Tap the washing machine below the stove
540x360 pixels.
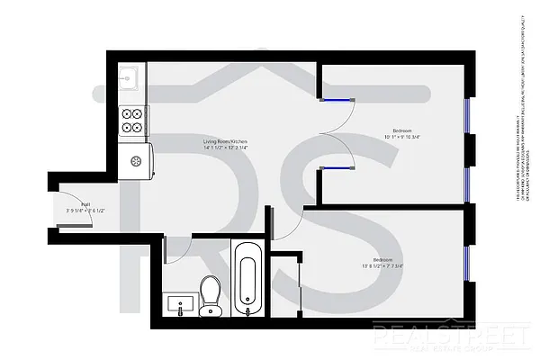click(137, 162)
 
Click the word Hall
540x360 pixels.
click(85, 205)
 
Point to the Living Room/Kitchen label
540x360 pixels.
click(225, 142)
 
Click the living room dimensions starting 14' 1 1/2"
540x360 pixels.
click(225, 148)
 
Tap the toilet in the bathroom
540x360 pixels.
click(211, 294)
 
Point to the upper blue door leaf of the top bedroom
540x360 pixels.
click(336, 100)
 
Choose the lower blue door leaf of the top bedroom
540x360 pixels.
click(336, 168)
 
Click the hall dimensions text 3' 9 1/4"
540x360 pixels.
click(85, 211)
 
